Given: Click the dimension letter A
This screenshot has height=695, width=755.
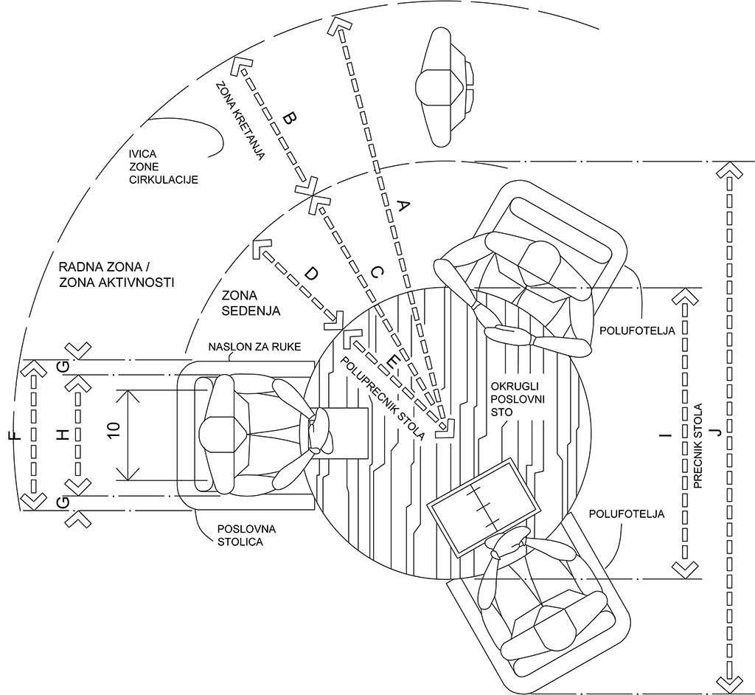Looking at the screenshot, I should pos(403,207).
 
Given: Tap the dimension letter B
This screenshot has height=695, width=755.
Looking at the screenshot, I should pos(290,118).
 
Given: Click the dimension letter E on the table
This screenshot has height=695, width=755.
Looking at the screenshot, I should pos(392,361).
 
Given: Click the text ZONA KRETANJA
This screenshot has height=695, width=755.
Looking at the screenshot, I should pos(240,125).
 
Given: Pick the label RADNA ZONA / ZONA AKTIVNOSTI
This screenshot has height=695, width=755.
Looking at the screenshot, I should pos(115,274).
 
